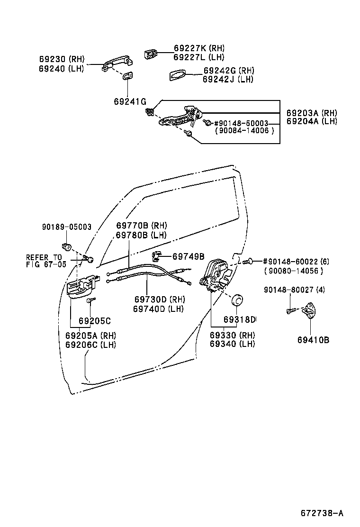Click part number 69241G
pos(130,101)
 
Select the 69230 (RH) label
pos(61,60)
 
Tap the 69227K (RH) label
pos(199,48)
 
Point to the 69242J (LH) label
pos(228,79)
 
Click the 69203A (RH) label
pos(311,113)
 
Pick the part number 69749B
pos(188,256)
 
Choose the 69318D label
pos(239,319)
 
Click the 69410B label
pos(313,340)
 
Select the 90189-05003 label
pos(66,227)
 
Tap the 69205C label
pos(95,320)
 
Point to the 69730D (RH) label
pos(159,300)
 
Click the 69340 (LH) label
pos(232,344)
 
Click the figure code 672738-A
pos(322,513)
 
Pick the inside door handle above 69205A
pos(82,287)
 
